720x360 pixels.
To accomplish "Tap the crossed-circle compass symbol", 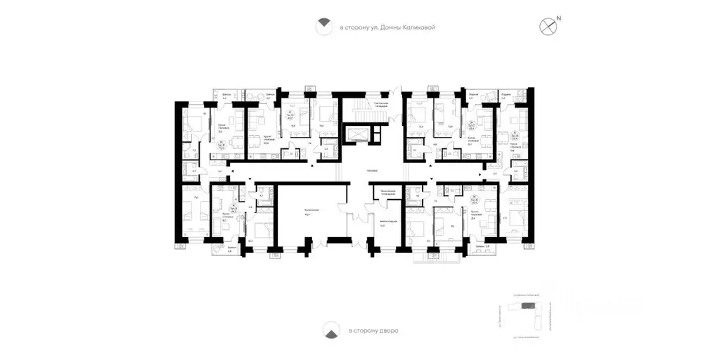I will (548, 27).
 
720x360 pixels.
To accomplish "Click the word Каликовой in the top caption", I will (420, 27).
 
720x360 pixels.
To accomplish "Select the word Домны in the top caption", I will (390, 27).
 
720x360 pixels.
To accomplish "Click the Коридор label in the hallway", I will (373, 170).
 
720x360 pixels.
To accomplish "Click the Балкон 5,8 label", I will (231, 248).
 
